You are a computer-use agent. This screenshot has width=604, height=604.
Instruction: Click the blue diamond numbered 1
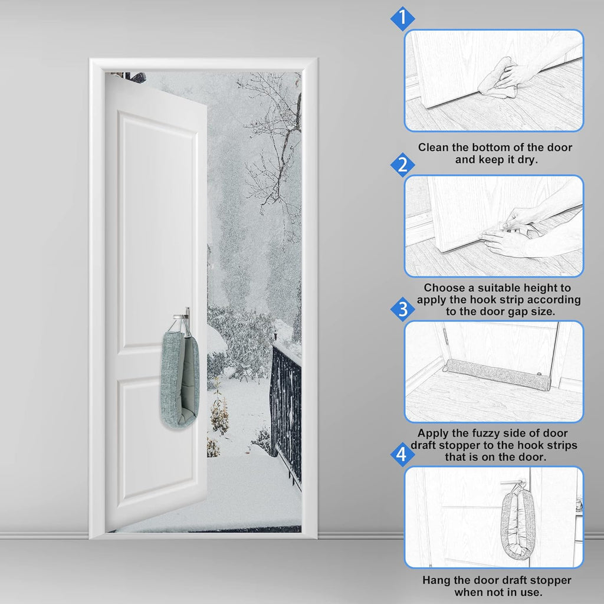(x=402, y=18)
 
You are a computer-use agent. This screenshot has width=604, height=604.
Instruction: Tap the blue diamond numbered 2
(x=402, y=165)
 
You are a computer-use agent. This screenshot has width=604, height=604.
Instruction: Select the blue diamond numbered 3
(x=402, y=310)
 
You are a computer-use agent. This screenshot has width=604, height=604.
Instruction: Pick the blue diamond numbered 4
(x=402, y=455)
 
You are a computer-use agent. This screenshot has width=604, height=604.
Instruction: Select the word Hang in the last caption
(x=435, y=580)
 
